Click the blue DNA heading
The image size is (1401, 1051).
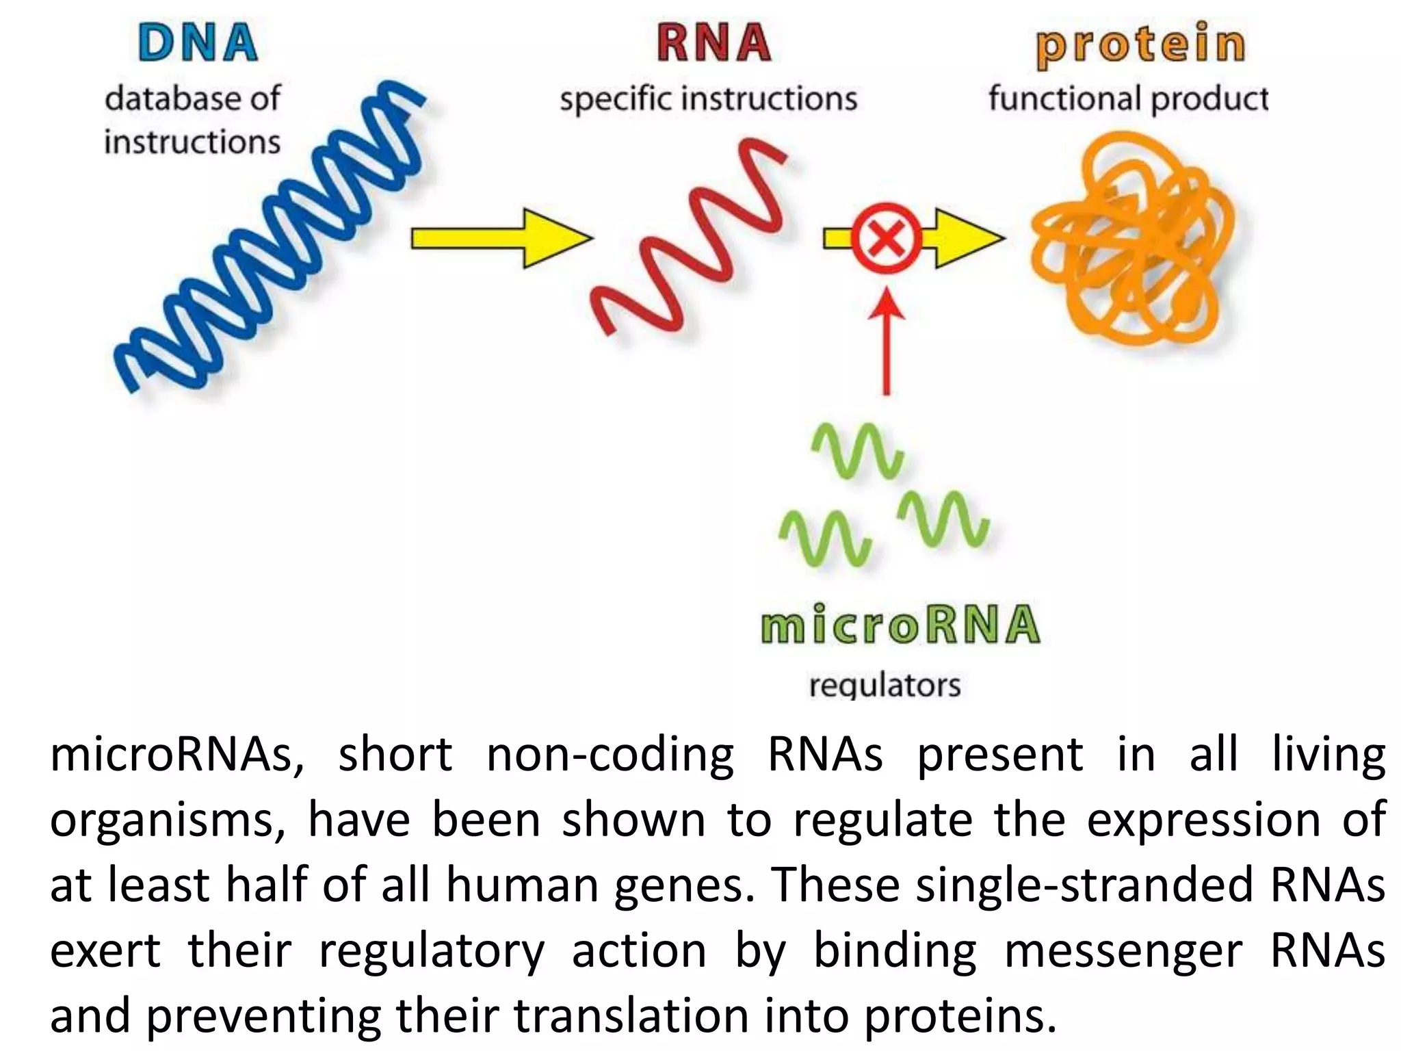tap(198, 43)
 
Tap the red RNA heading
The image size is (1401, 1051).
tap(713, 43)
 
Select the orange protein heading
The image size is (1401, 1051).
tap(1140, 44)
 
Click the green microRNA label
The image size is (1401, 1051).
tap(900, 625)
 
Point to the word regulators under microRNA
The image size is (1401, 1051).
tap(885, 685)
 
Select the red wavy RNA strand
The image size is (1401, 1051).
tap(691, 236)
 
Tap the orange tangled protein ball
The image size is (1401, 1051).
tap(1132, 239)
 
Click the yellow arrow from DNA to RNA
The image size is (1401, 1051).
tap(501, 238)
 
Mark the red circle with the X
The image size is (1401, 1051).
tap(886, 238)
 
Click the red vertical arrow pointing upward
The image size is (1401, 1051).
tap(886, 342)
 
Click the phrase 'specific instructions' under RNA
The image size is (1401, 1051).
tap(708, 99)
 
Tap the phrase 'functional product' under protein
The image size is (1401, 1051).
tap(1127, 99)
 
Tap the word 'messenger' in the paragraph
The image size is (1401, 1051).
tap(1123, 951)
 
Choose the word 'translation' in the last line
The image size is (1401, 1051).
tap(631, 1016)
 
